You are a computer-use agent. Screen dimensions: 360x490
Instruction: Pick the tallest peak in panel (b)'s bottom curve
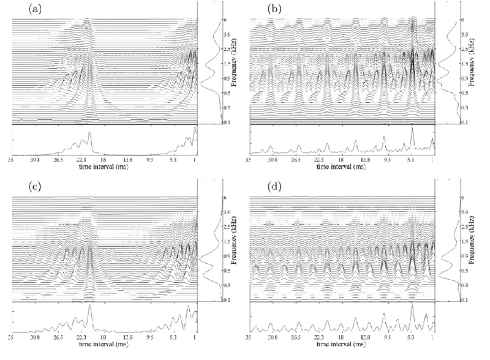pyautogui.click(x=413, y=128)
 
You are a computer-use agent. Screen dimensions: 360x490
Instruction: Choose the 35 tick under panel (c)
pyautogui.click(x=11, y=337)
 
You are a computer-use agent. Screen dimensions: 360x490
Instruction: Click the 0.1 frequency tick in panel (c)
pyautogui.click(x=208, y=300)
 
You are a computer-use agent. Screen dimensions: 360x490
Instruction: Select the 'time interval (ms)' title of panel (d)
pyautogui.click(x=341, y=343)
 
